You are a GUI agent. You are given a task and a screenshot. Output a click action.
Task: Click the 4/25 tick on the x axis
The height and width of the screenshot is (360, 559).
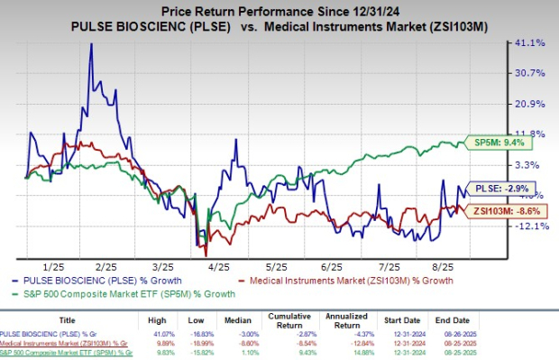click(x=218, y=268)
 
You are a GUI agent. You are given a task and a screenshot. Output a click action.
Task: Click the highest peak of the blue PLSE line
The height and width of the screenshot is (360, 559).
click(x=91, y=44)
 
